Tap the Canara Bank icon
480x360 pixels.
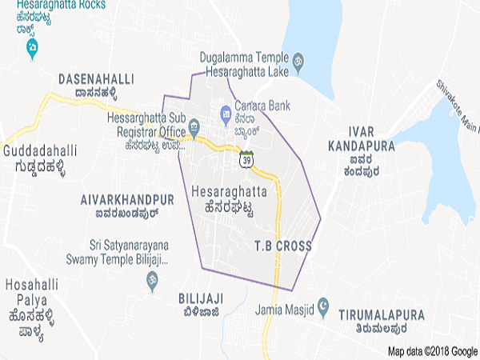pos(226,114)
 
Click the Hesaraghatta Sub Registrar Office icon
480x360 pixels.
pos(194,126)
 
